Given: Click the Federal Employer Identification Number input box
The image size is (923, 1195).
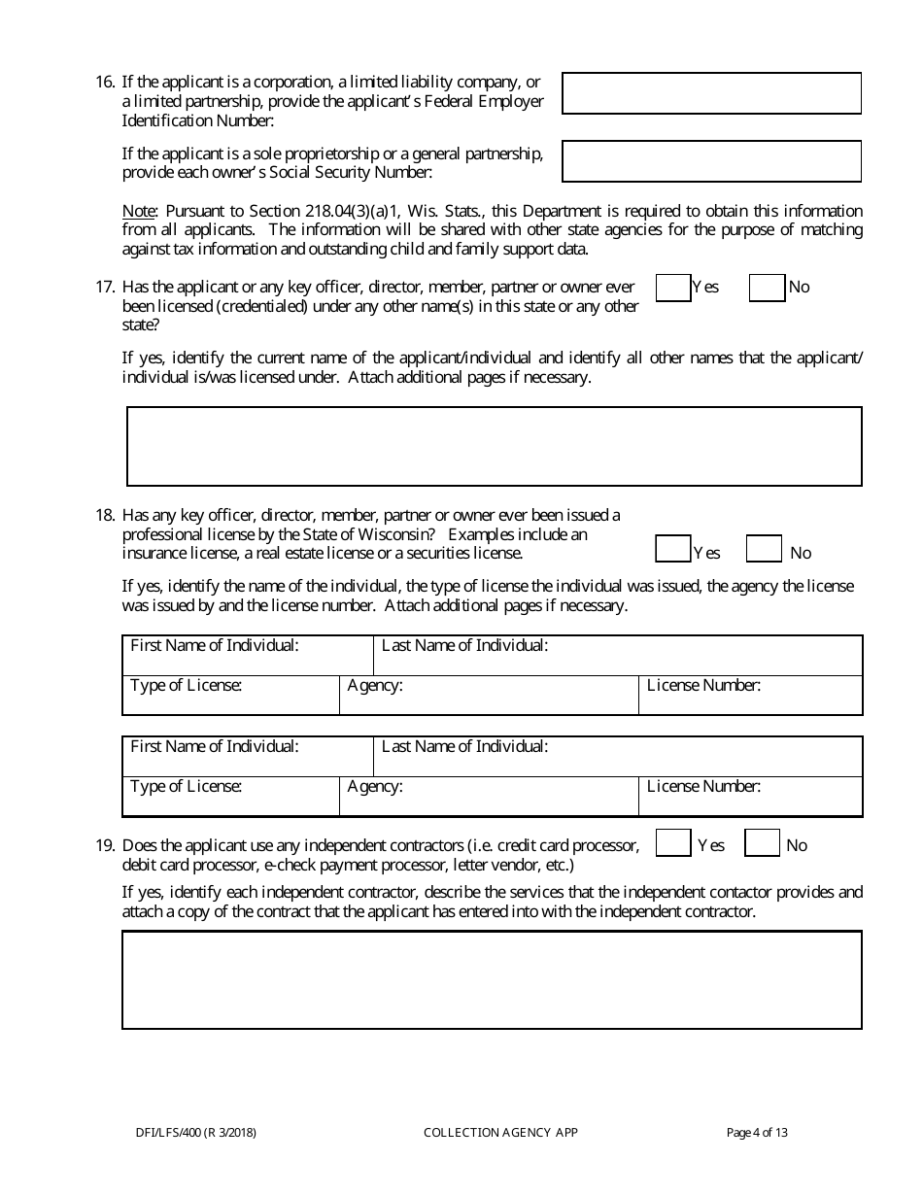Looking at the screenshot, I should click(x=711, y=93).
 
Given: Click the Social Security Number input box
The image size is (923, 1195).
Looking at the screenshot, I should click(x=711, y=161).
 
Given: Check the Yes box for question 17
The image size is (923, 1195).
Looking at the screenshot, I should click(x=672, y=288).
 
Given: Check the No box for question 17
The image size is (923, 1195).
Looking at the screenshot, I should click(x=767, y=288).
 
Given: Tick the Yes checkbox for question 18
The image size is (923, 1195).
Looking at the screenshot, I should click(x=672, y=549).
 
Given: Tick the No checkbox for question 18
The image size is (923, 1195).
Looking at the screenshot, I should click(x=764, y=549).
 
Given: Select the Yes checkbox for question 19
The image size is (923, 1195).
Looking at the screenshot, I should click(x=672, y=843).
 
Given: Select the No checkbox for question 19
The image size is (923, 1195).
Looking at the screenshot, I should click(x=762, y=843).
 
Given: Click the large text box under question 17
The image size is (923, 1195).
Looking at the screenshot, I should click(x=494, y=446).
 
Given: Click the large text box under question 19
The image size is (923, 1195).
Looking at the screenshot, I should click(x=492, y=979).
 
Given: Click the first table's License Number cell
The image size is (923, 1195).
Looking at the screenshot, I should click(x=750, y=696).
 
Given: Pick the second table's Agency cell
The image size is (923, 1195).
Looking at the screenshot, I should click(x=489, y=797).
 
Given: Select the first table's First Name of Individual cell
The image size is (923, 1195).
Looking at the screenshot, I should click(x=248, y=656).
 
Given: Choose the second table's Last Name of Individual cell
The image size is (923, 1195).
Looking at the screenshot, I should click(x=618, y=757).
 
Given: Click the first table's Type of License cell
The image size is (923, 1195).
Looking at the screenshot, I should click(x=230, y=696).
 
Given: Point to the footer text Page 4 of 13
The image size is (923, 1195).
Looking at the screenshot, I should click(x=757, y=1132).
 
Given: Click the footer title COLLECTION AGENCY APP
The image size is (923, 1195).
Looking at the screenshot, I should click(x=500, y=1132).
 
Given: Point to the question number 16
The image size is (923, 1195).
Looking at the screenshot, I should click(x=105, y=83).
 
